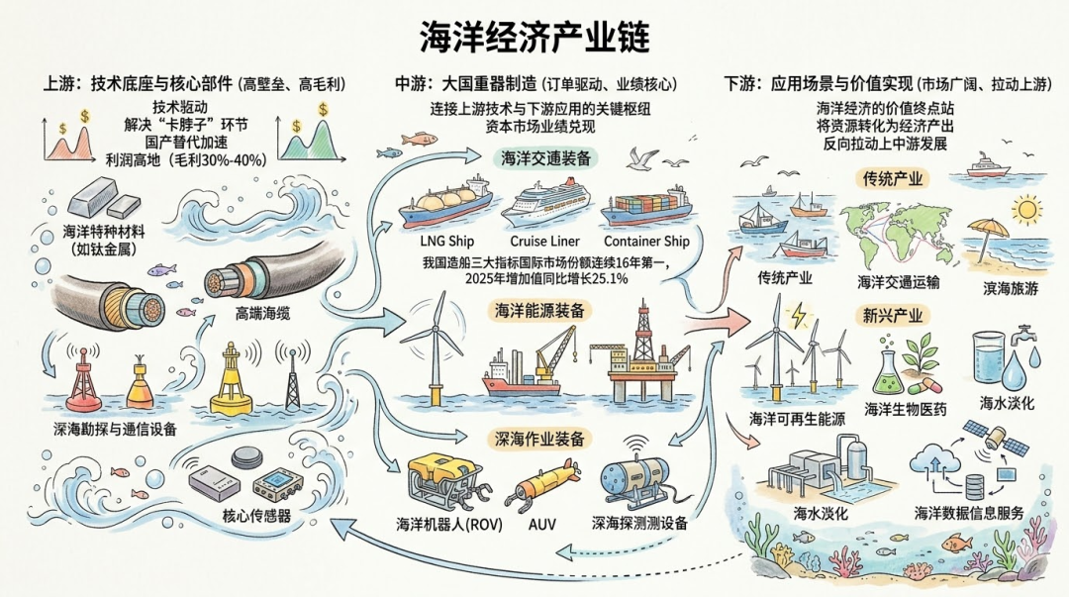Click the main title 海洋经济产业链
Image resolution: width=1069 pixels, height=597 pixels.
(x=534, y=38)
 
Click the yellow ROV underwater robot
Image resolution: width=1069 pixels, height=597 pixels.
(x=448, y=479)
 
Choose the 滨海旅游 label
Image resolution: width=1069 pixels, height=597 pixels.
(x=1002, y=284)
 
